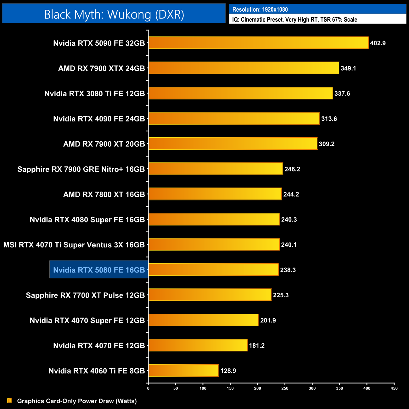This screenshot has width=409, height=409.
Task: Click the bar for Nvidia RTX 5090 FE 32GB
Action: (x=258, y=43)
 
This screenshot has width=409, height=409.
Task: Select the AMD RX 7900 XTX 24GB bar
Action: (x=244, y=68)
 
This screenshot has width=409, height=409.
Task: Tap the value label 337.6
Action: (x=342, y=93)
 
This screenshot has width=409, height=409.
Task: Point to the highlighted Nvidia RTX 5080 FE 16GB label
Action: (x=99, y=270)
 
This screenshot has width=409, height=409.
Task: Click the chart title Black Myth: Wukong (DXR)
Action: (x=114, y=14)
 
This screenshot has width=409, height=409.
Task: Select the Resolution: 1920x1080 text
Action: (x=260, y=9)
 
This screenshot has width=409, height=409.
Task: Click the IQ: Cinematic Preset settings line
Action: (x=294, y=20)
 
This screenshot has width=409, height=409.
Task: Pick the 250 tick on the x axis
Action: (x=285, y=388)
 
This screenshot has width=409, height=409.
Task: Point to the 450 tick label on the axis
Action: (x=394, y=388)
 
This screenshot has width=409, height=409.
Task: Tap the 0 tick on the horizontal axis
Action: (x=148, y=388)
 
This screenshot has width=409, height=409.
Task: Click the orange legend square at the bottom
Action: (x=9, y=401)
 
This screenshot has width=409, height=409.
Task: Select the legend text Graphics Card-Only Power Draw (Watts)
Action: (x=77, y=401)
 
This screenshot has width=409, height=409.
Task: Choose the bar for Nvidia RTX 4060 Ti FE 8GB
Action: (x=183, y=370)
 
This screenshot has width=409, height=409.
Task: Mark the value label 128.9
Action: (x=228, y=371)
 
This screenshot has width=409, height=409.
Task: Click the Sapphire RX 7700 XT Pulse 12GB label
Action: (x=85, y=295)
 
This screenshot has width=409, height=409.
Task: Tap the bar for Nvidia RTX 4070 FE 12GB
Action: (x=198, y=345)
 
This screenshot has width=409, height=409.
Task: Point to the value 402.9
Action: (x=378, y=43)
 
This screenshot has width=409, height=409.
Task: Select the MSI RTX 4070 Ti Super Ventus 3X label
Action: (x=74, y=245)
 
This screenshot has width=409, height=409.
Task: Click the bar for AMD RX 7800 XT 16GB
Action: (x=215, y=194)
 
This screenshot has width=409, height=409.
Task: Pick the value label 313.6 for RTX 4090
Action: (x=329, y=119)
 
